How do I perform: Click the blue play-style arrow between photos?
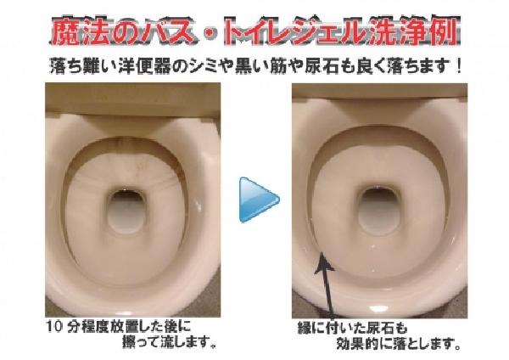click(x=258, y=200)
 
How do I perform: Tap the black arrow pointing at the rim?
click(x=327, y=285)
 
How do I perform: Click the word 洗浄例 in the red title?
click(x=415, y=31)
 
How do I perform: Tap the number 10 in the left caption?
click(x=54, y=327)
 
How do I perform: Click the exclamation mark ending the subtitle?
click(x=458, y=66)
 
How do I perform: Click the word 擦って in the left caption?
click(x=142, y=342)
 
